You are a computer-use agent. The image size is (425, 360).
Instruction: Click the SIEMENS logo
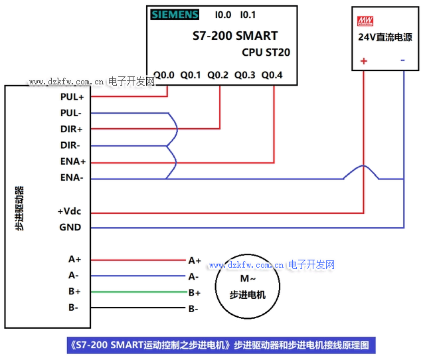click(x=175, y=15)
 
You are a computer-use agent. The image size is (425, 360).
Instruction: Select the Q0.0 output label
click(x=163, y=75)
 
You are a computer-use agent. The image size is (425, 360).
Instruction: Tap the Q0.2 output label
click(x=218, y=75)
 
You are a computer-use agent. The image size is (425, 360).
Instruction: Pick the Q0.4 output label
click(x=272, y=75)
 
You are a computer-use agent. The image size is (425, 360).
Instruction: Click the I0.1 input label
click(x=248, y=15)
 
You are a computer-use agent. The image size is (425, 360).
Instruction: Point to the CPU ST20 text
click(x=266, y=52)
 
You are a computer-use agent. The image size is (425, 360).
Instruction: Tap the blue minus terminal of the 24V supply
click(x=403, y=60)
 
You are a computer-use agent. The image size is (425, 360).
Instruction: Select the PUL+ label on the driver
click(x=72, y=96)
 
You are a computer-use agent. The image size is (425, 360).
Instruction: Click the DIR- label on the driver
click(x=70, y=145)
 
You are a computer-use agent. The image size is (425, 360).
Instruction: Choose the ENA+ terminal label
click(x=72, y=161)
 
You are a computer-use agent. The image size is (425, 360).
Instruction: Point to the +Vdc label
click(x=69, y=212)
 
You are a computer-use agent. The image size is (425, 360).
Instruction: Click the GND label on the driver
click(x=70, y=227)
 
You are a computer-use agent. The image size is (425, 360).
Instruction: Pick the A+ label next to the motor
click(x=195, y=260)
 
